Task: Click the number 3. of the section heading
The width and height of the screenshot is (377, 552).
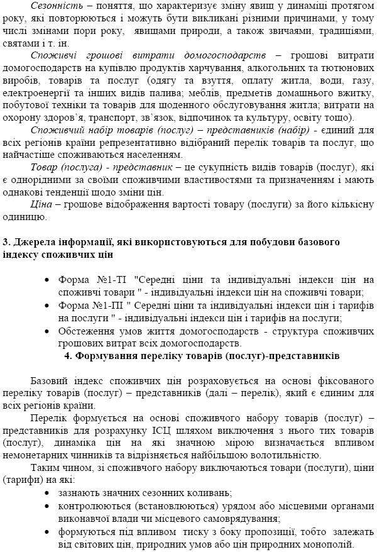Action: tap(6, 243)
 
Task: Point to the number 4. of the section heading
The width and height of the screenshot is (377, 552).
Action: tap(68, 356)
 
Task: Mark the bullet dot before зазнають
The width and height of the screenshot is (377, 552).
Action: tap(48, 492)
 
